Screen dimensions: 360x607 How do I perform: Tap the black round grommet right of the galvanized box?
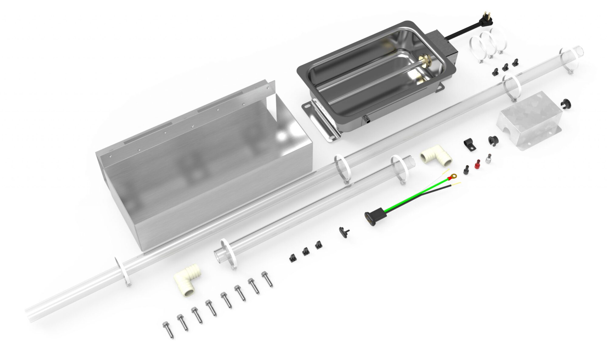[x=565, y=104]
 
